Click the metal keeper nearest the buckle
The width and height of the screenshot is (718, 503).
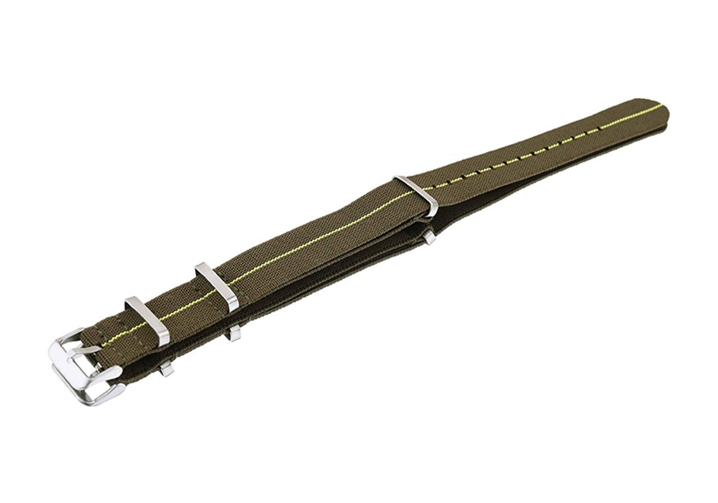pyautogui.click(x=147, y=321)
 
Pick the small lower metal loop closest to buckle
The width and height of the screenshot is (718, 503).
pyautogui.click(x=166, y=369)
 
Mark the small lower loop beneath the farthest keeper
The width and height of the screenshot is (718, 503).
pyautogui.click(x=429, y=238)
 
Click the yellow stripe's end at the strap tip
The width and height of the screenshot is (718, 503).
pyautogui.click(x=660, y=108)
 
